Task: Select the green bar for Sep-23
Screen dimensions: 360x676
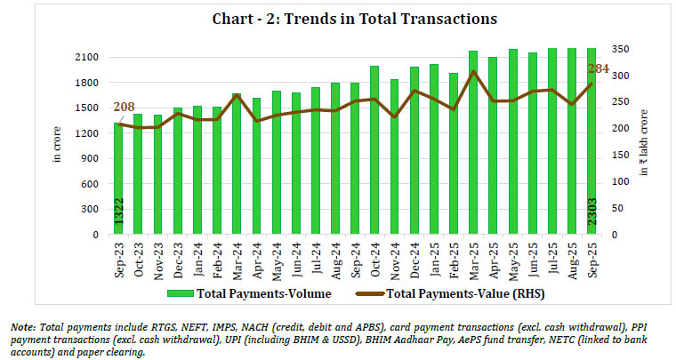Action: point(118,178)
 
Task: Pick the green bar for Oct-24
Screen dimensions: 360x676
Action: point(374,150)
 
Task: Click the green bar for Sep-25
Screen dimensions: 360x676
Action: point(591,141)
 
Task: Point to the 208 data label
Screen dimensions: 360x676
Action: point(125,108)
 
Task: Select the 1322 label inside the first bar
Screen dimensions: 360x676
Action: point(118,217)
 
